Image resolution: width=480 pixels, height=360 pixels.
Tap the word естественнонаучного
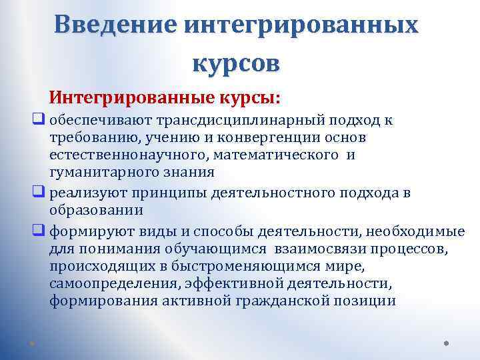(x=114, y=155)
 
